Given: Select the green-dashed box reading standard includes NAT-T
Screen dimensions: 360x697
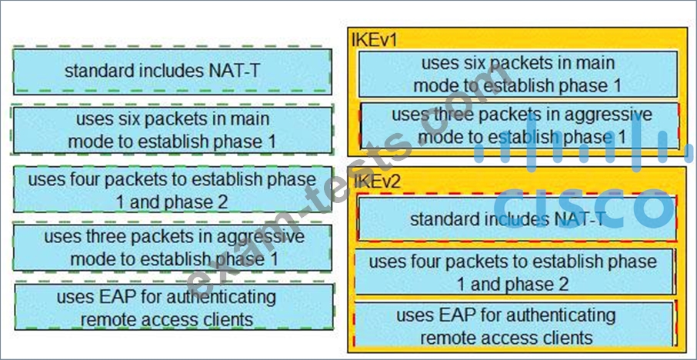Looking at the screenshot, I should (172, 72).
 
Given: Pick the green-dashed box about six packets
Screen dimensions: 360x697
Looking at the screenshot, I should (172, 130).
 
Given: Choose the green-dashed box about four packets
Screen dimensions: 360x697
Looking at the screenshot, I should (172, 190).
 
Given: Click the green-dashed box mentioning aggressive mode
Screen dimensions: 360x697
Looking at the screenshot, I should (172, 248).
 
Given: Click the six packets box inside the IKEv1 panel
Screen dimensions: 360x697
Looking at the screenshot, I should (518, 74).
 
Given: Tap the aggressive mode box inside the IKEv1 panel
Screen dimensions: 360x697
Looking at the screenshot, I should (520, 126).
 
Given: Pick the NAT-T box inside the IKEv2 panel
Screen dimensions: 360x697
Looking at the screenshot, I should (517, 218).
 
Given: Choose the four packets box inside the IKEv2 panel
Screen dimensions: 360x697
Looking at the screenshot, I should (514, 272).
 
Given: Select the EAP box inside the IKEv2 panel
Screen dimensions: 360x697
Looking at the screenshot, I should (514, 325).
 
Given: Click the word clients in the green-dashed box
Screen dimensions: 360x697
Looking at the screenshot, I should (226, 318).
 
